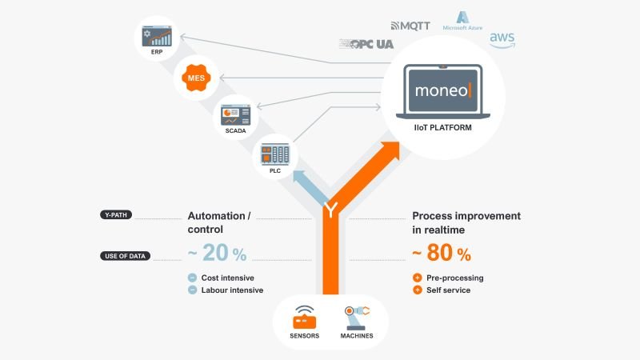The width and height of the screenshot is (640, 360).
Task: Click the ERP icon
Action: coord(156,36)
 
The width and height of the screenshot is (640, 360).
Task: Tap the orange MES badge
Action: coord(195,78)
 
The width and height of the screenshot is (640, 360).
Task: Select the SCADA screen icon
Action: coord(235,114)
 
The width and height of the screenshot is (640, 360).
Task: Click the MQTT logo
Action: coord(410,26)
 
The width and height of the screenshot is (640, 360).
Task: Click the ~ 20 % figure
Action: coord(217,254)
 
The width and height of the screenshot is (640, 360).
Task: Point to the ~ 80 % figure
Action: coord(442,254)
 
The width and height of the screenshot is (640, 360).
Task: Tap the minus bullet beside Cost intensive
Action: coord(192,278)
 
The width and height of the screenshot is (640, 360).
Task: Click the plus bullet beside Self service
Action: coord(417,290)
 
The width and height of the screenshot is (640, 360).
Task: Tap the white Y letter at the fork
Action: coord(330,211)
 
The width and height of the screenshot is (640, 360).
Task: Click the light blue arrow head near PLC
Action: coord(300,174)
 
